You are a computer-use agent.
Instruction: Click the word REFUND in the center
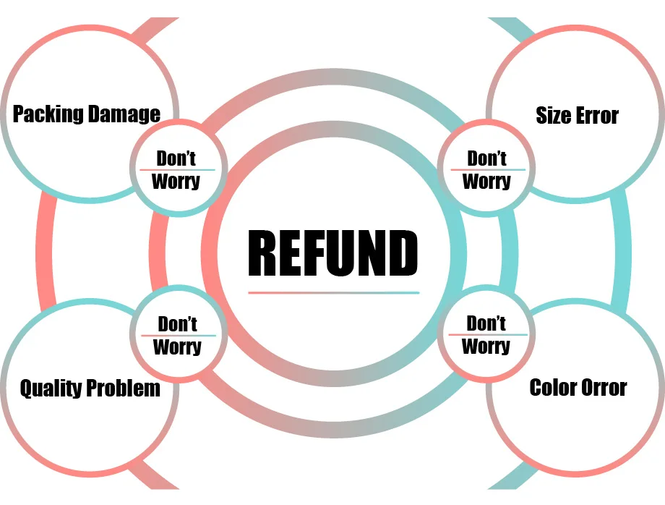333,253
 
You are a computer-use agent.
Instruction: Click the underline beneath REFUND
333,293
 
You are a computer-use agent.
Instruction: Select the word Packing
48,114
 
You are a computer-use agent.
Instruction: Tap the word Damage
124,114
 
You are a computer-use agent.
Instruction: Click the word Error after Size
597,116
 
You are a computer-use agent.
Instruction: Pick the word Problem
124,389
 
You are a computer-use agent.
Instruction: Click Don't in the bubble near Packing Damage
176,158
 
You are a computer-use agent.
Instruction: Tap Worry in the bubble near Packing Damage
176,181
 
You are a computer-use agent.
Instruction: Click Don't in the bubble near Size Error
486,158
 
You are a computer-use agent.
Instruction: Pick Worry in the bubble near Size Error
486,181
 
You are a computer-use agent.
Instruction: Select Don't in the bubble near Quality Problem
177,323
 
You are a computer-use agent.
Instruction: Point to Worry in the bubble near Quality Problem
177,347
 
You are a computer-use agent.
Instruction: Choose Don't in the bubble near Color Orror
486,323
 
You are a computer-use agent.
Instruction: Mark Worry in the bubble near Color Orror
486,346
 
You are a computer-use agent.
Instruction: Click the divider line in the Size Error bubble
486,170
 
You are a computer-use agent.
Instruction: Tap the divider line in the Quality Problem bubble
178,336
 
